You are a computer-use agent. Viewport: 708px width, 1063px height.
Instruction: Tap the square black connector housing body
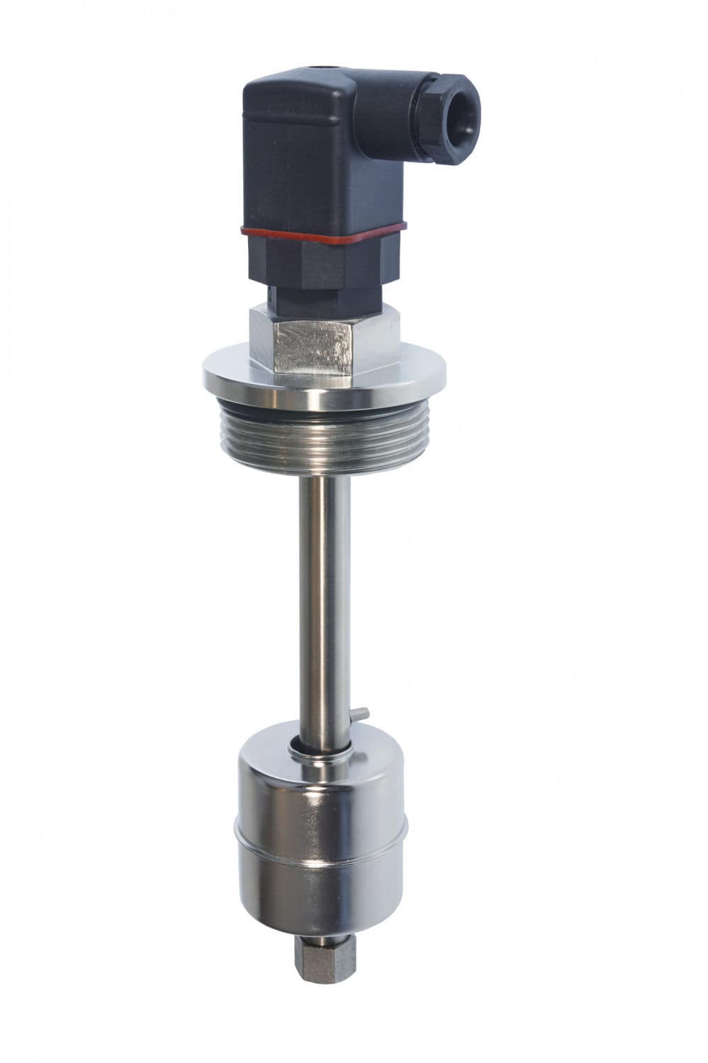tap(298, 156)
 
